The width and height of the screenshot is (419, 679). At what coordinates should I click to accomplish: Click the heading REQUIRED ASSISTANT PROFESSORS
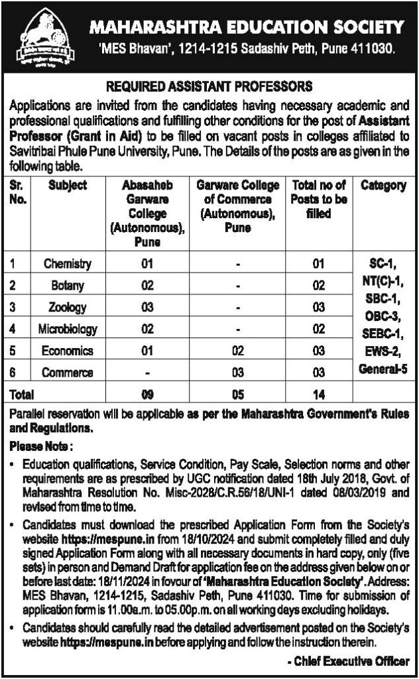point(209,86)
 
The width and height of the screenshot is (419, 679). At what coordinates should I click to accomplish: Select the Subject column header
point(68,186)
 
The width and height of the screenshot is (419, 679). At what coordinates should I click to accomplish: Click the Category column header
point(383,186)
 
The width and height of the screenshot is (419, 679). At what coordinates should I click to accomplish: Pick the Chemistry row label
point(68,264)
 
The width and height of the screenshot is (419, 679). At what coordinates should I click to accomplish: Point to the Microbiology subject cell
point(68,329)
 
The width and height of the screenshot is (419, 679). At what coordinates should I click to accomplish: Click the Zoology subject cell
point(68,307)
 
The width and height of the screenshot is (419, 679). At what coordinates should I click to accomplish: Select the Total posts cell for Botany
point(319,286)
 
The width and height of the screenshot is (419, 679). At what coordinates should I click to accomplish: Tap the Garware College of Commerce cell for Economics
point(238,351)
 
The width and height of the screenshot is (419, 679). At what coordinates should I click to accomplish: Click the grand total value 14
point(319,395)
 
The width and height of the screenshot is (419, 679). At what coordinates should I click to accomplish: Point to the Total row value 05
point(238,395)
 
